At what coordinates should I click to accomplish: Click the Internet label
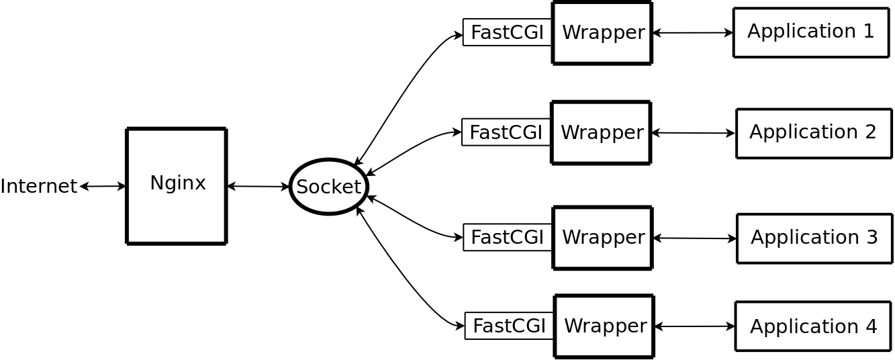click(38, 186)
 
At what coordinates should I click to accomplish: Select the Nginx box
click(177, 186)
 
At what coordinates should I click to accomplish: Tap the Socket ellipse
click(329, 187)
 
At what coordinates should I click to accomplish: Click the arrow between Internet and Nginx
click(103, 186)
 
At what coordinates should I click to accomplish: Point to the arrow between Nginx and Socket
click(258, 186)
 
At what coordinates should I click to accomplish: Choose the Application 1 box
click(811, 32)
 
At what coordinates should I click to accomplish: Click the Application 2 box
click(814, 133)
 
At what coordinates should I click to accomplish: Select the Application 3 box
click(814, 238)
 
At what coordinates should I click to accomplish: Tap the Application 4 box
click(813, 326)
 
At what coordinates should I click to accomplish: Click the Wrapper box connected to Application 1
click(602, 33)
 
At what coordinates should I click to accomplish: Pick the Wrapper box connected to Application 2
click(601, 132)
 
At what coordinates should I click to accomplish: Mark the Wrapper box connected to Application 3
click(602, 238)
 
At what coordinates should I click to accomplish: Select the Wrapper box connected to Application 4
click(604, 326)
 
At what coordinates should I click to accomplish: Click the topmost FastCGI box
click(508, 32)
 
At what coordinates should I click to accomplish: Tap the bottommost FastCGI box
click(509, 326)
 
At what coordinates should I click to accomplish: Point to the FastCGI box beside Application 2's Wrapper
click(506, 132)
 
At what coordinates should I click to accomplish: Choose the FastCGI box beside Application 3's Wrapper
click(508, 237)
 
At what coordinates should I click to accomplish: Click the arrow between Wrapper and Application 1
click(693, 33)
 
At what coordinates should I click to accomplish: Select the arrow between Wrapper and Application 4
click(695, 326)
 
